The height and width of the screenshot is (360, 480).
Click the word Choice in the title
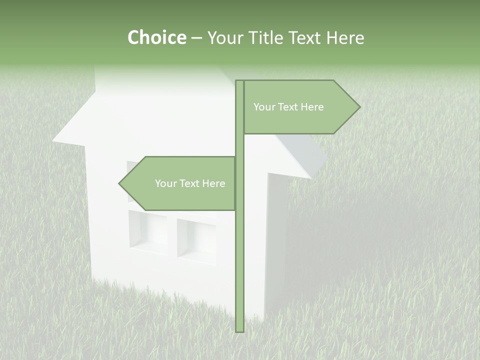(156, 37)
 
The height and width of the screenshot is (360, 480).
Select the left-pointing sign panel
(180, 183)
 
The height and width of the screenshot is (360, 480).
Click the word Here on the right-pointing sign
(311, 107)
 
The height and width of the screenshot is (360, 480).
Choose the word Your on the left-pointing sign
(165, 183)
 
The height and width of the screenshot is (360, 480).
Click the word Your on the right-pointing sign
(264, 107)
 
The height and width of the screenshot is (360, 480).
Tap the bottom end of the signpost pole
(240, 330)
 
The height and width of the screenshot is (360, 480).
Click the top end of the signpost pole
(240, 82)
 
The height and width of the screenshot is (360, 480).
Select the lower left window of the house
(148, 231)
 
